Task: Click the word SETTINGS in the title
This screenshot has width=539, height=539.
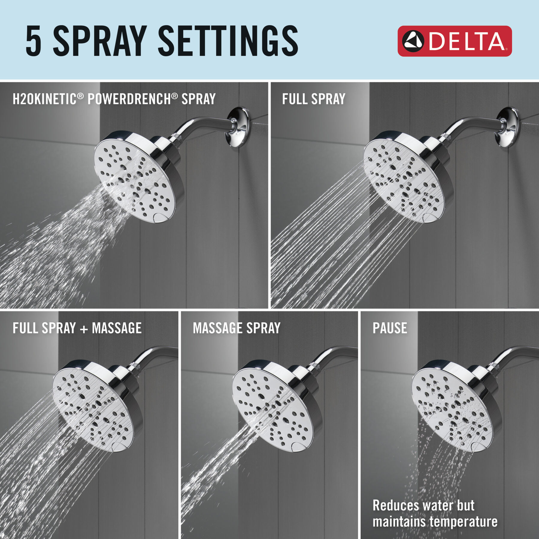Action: [228, 41]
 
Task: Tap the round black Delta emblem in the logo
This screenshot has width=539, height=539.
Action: [413, 41]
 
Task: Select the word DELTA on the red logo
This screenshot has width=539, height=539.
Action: [467, 41]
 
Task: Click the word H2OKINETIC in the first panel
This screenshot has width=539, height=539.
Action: [44, 99]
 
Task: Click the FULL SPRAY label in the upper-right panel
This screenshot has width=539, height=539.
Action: [314, 99]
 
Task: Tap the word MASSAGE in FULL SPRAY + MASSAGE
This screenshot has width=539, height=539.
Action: [117, 328]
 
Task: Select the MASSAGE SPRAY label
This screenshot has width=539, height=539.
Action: [237, 328]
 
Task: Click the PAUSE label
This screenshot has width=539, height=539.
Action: [390, 328]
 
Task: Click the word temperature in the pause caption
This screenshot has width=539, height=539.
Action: [464, 522]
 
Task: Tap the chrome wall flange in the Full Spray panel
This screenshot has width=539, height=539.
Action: [508, 127]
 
